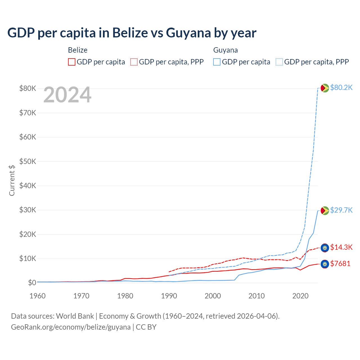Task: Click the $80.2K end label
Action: (x=341, y=87)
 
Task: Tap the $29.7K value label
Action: (x=341, y=210)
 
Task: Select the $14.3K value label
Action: (x=341, y=247)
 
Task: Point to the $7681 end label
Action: (x=340, y=264)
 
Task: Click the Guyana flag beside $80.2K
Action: (x=325, y=88)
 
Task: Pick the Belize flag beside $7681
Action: (x=325, y=264)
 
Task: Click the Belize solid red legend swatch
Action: (x=72, y=62)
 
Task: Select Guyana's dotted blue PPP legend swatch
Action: (x=279, y=62)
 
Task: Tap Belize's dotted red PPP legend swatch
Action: (x=134, y=62)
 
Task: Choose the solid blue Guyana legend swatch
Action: (x=217, y=62)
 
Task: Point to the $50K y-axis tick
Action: (x=28, y=161)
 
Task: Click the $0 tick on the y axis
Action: (x=32, y=283)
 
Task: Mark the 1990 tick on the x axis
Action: (x=169, y=296)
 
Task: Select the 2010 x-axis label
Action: (x=256, y=296)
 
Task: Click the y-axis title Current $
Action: (x=12, y=180)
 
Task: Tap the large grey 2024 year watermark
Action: (x=67, y=95)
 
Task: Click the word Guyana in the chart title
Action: (x=188, y=33)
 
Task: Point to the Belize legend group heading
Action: (x=78, y=50)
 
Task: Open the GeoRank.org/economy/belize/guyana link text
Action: (x=71, y=327)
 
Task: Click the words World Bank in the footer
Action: (x=75, y=316)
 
